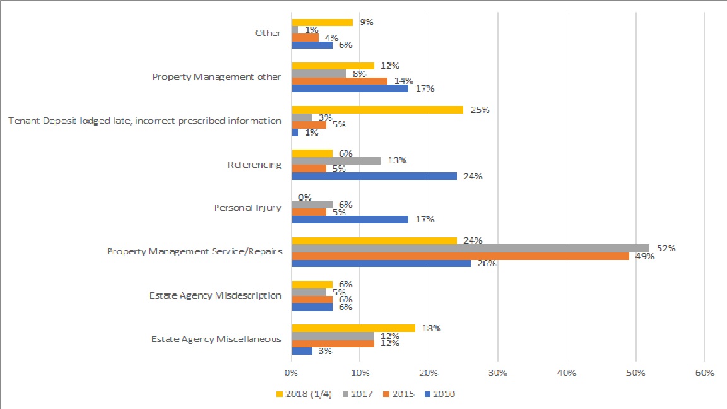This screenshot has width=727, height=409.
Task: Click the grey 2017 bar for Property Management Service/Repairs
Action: pyautogui.click(x=470, y=248)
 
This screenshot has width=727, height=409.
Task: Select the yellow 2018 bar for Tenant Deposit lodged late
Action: pyautogui.click(x=377, y=110)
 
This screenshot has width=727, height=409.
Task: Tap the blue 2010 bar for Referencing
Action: pyautogui.click(x=374, y=176)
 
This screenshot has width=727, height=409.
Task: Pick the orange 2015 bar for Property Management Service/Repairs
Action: pyautogui.click(x=461, y=256)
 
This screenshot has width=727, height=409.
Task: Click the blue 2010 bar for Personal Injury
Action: pyautogui.click(x=350, y=220)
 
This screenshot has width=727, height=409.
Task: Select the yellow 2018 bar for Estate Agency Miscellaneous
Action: pyautogui.click(x=353, y=328)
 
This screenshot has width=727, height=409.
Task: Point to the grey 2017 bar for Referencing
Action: pyautogui.click(x=336, y=161)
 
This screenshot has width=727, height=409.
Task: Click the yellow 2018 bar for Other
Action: pyautogui.click(x=322, y=22)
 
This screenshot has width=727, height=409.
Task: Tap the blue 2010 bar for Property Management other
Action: pyautogui.click(x=350, y=88)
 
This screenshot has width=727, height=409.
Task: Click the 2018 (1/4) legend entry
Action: pyautogui.click(x=305, y=394)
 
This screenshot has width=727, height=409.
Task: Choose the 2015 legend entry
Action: pyautogui.click(x=399, y=394)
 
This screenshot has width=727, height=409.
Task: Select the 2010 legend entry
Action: pyautogui.click(x=440, y=394)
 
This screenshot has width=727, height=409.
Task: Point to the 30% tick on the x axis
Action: pyautogui.click(x=498, y=373)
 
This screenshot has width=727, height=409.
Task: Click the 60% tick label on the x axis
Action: pyautogui.click(x=704, y=373)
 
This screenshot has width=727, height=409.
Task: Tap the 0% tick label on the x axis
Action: pyautogui.click(x=291, y=373)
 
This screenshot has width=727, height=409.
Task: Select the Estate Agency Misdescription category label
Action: pyautogui.click(x=215, y=295)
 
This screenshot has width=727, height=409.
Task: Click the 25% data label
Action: pyautogui.click(x=480, y=110)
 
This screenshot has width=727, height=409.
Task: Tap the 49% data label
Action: pyautogui.click(x=645, y=256)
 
